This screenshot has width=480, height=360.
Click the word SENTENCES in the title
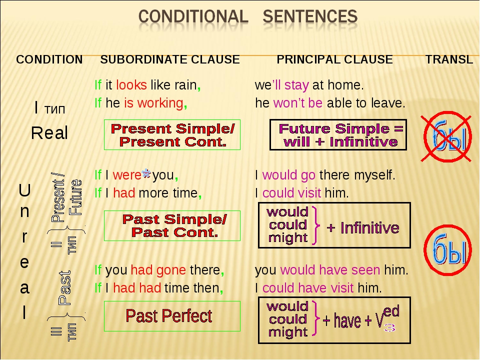click(310, 16)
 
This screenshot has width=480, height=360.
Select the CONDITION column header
click(49, 59)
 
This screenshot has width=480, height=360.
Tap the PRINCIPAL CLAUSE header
click(334, 59)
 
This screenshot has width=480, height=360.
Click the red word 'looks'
click(131, 85)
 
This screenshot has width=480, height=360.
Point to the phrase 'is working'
click(153, 103)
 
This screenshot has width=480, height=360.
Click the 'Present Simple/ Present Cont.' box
click(172, 134)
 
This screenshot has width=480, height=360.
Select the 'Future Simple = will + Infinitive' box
click(338, 134)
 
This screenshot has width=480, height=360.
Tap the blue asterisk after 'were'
click(146, 173)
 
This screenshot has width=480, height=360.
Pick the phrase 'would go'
click(288, 175)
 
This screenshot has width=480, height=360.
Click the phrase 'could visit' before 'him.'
click(291, 193)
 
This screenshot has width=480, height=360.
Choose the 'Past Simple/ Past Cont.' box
click(172, 226)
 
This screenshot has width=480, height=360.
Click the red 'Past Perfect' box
click(172, 316)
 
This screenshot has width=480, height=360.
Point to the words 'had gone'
click(158, 270)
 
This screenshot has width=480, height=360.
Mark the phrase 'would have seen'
click(330, 270)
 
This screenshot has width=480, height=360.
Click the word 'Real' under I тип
click(49, 133)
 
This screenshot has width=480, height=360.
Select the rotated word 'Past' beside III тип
click(64, 288)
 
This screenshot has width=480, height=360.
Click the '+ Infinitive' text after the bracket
click(363, 228)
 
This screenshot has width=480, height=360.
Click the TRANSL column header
click(449, 59)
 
